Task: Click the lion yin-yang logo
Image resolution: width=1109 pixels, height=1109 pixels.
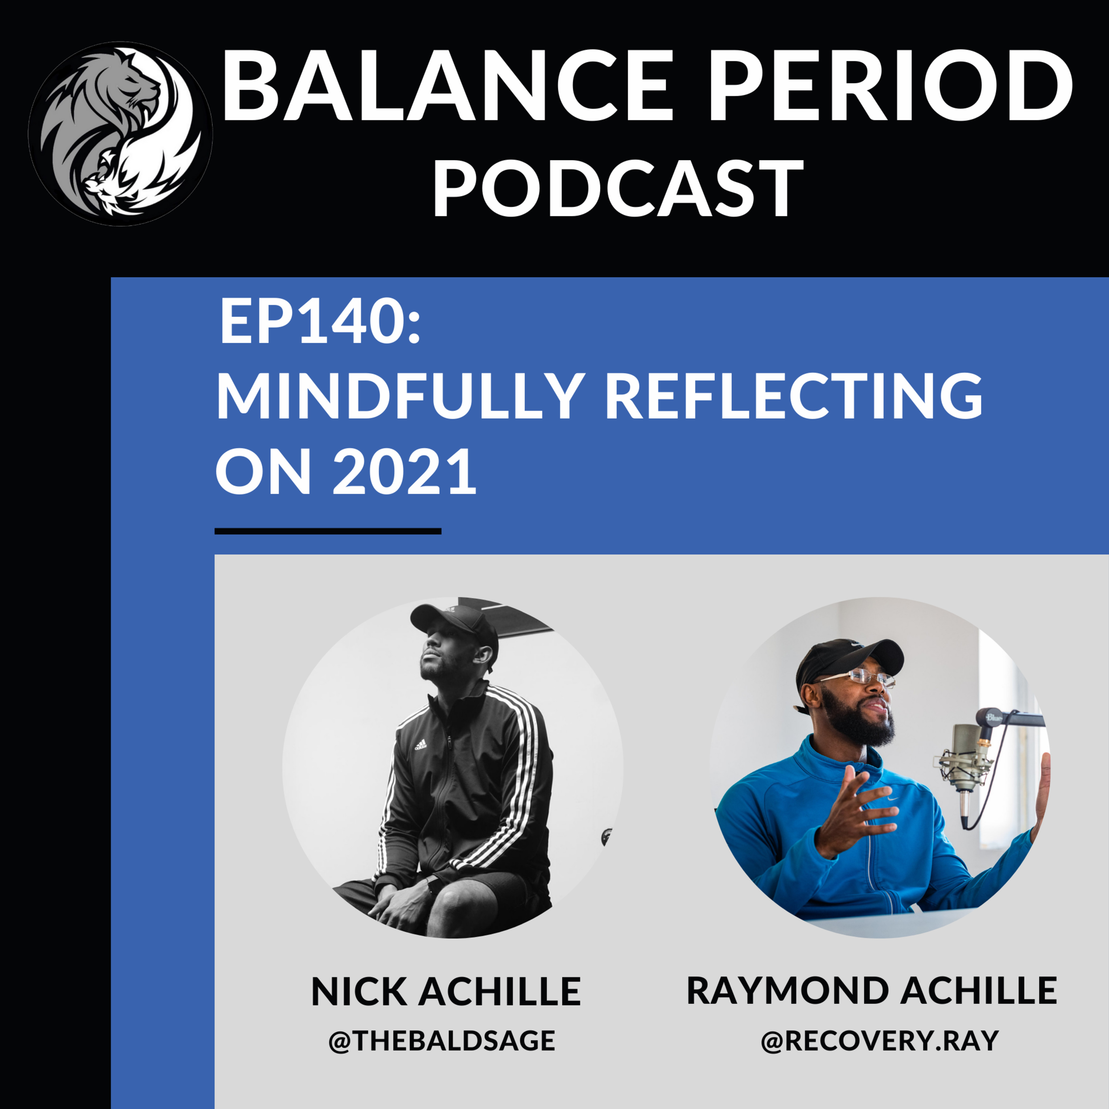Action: point(121,133)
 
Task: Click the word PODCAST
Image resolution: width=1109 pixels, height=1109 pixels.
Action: point(618,188)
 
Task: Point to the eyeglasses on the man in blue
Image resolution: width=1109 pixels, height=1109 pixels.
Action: point(861,677)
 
